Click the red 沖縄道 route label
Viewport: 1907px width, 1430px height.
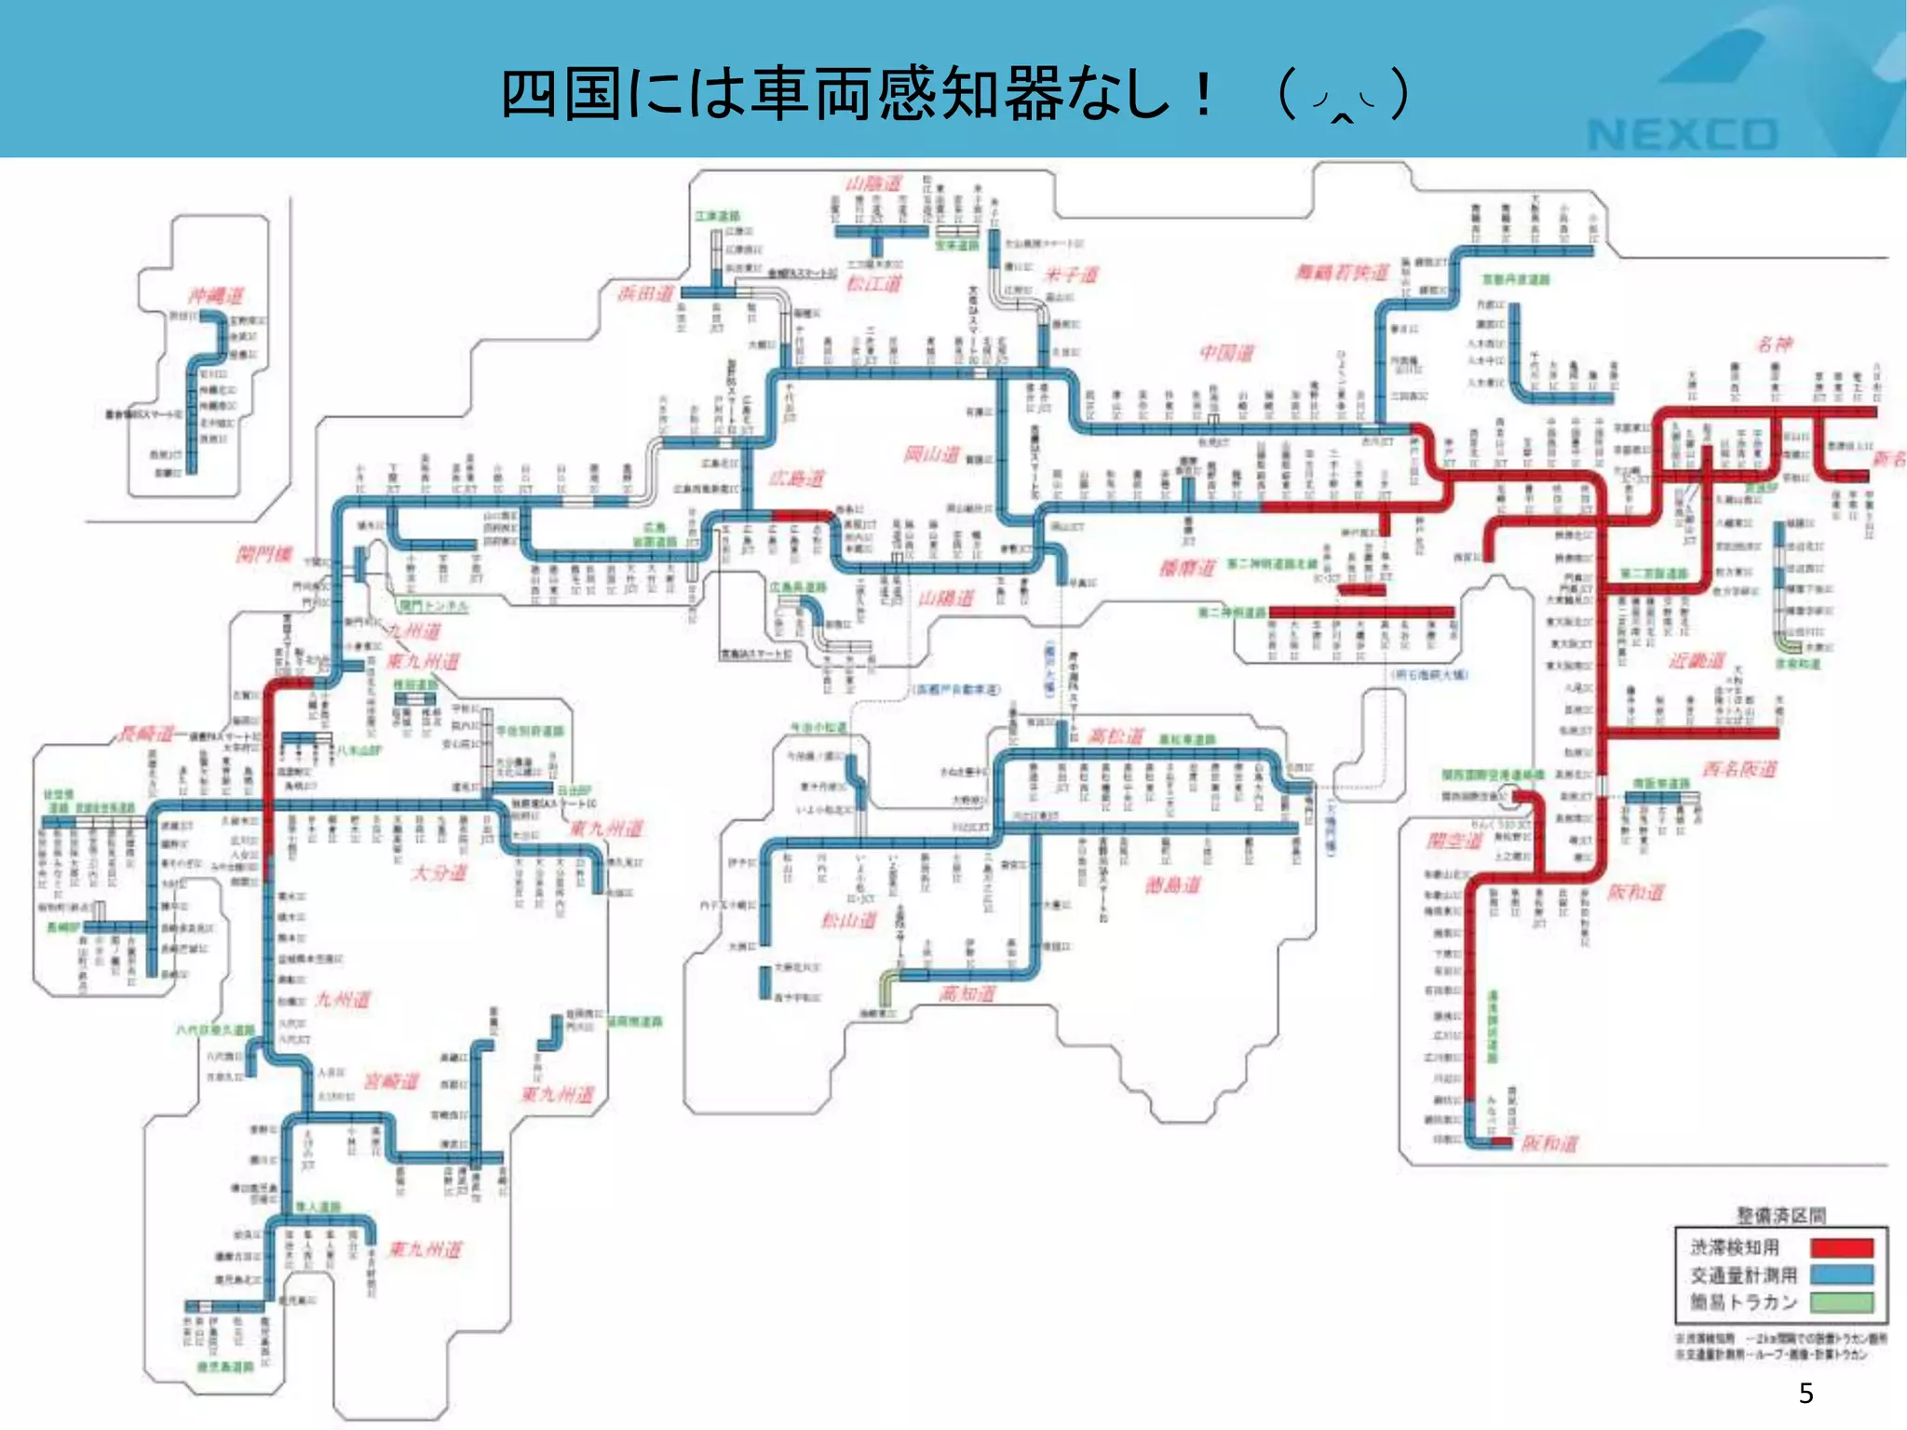pyautogui.click(x=216, y=296)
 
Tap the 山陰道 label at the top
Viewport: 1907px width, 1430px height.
pyautogui.click(x=873, y=183)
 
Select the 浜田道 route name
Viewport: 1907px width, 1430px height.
pyautogui.click(x=645, y=293)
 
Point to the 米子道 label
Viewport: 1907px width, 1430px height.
pyautogui.click(x=1072, y=275)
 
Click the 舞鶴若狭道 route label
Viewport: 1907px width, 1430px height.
pyautogui.click(x=1342, y=272)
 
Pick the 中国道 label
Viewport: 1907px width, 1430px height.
pyautogui.click(x=1226, y=353)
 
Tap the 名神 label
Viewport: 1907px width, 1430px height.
pyautogui.click(x=1774, y=344)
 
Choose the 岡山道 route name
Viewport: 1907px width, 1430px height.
pyautogui.click(x=931, y=454)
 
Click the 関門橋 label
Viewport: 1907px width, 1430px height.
pyautogui.click(x=264, y=555)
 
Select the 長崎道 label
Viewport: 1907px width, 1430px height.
pyautogui.click(x=146, y=735)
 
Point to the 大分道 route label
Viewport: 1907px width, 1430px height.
pyautogui.click(x=440, y=872)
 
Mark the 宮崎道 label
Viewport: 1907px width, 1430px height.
pyautogui.click(x=391, y=1081)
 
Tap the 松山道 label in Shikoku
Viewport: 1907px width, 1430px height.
pyautogui.click(x=848, y=921)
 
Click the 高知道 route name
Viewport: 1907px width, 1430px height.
pyautogui.click(x=967, y=994)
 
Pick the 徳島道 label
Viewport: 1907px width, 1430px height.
pyautogui.click(x=1172, y=884)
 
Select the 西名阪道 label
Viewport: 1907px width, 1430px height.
pyautogui.click(x=1739, y=769)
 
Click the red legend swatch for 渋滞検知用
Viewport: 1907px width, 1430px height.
pyautogui.click(x=1841, y=1248)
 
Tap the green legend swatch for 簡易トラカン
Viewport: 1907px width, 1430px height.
pyautogui.click(x=1841, y=1302)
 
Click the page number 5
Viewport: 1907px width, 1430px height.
pyautogui.click(x=1806, y=1394)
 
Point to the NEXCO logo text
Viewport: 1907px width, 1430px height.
pyautogui.click(x=1682, y=135)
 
